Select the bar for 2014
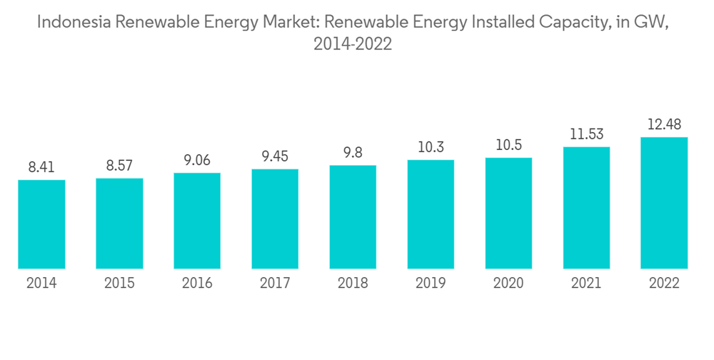pyautogui.click(x=41, y=224)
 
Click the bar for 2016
pyautogui.click(x=197, y=221)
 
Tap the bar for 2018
pyautogui.click(x=353, y=217)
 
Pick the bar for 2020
pyautogui.click(x=508, y=214)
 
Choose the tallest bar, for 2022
pyautogui.click(x=664, y=203)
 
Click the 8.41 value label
pyautogui.click(x=41, y=168)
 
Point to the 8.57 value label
pyautogui.click(x=119, y=166)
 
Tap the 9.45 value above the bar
pyautogui.click(x=275, y=157)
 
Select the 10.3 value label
pyautogui.click(x=431, y=148)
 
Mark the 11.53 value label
pyautogui.click(x=586, y=135)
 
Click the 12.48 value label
pyautogui.click(x=664, y=125)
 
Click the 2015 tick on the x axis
pyautogui.click(x=119, y=284)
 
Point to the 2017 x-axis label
pyautogui.click(x=275, y=284)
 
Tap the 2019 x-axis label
pyautogui.click(x=431, y=284)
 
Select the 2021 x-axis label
pyautogui.click(x=586, y=284)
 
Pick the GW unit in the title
pyautogui.click(x=660, y=22)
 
